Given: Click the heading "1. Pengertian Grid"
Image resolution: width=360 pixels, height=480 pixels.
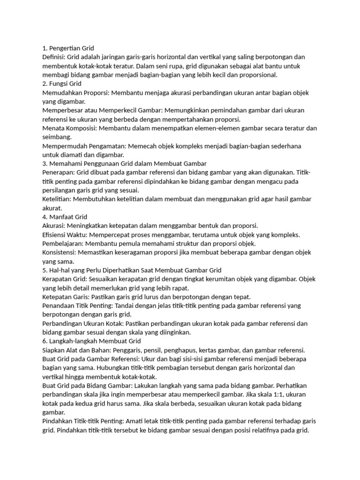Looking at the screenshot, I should coord(68,48).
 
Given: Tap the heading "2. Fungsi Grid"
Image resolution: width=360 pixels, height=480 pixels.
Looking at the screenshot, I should coord(62,83).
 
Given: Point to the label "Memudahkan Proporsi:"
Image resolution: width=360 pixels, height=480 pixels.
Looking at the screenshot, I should coord(76,92).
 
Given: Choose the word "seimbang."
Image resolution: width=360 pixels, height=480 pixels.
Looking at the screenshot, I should coord(57,137).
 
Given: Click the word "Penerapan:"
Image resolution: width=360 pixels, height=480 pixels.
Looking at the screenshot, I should coord(58,172).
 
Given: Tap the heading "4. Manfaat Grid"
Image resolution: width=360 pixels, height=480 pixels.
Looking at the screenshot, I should coord(65,217).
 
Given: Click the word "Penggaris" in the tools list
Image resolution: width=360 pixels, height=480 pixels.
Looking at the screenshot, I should coord(131,350).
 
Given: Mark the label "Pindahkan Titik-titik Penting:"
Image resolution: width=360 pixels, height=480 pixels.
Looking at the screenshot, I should coord(85,421).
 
